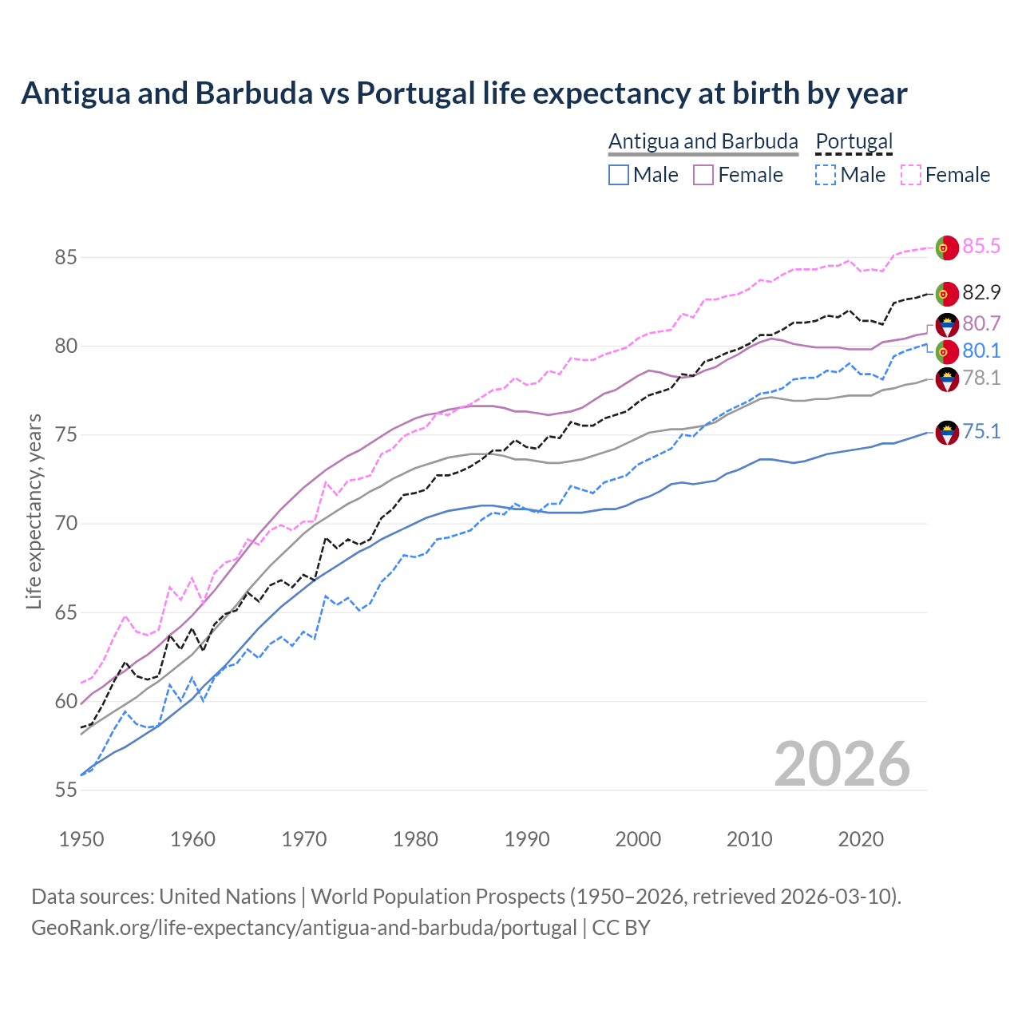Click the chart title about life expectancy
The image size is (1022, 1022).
[464, 93]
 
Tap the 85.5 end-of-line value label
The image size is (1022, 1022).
[980, 246]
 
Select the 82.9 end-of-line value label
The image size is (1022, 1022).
[980, 292]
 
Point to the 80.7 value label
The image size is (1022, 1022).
[980, 323]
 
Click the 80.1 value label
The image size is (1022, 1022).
[980, 351]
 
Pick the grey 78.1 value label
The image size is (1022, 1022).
[980, 378]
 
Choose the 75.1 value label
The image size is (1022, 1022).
[980, 431]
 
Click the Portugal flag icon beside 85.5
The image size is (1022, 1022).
[946, 248]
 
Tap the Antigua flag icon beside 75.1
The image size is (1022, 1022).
[946, 433]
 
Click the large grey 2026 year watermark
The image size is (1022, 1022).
[842, 764]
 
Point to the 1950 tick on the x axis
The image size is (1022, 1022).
[81, 839]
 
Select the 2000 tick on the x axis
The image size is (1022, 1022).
[638, 839]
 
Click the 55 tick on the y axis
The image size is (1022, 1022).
[66, 790]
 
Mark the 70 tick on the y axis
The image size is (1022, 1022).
[66, 524]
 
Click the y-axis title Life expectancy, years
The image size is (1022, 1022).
[34, 511]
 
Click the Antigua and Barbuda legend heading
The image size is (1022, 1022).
[703, 141]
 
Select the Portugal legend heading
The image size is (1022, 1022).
[854, 141]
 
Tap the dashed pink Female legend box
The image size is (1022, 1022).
[911, 175]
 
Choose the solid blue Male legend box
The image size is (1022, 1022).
[619, 175]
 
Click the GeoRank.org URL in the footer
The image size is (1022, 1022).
[303, 928]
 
